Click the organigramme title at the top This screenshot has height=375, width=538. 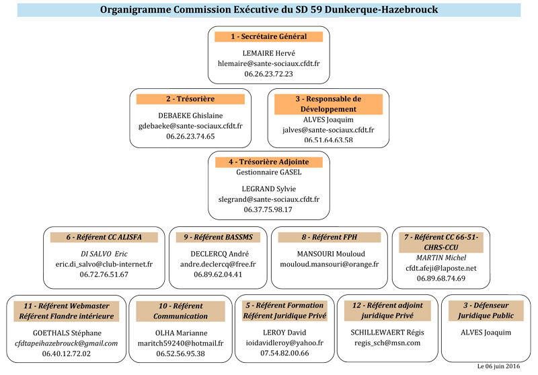point(268,10)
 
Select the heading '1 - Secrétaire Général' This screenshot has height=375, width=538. point(268,36)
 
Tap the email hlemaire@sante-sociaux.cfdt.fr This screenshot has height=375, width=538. point(268,63)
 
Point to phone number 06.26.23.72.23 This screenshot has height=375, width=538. point(268,73)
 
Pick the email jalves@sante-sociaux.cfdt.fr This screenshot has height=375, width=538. point(328,130)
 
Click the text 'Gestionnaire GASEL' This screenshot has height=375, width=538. point(268,172)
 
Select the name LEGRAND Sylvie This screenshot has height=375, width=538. point(268,189)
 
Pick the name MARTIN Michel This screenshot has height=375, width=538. point(440,258)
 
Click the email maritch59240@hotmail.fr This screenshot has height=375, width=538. point(181,343)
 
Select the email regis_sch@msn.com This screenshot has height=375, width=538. point(387,343)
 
